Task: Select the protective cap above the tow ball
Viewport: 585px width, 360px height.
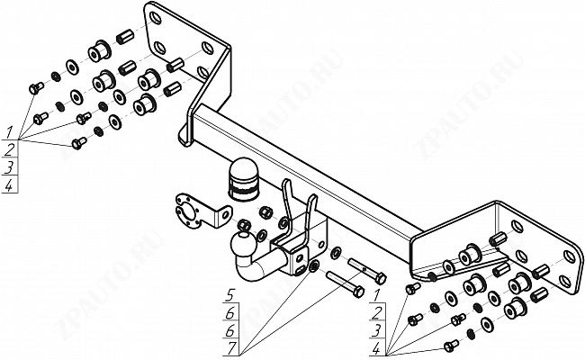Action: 242,179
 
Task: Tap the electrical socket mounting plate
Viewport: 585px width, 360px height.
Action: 200,211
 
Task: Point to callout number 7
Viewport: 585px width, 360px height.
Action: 232,348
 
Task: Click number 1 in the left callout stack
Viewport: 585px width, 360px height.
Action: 9,131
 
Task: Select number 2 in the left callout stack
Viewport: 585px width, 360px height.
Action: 9,149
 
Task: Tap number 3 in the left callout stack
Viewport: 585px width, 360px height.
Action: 9,167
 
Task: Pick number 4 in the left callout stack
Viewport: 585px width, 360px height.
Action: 9,185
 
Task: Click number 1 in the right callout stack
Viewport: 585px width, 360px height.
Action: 376,295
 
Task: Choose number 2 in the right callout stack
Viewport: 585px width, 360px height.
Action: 376,313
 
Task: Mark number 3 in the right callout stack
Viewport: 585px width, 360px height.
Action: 376,330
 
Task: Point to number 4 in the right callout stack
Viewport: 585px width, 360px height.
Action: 376,348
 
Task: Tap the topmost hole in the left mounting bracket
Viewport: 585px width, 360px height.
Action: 155,18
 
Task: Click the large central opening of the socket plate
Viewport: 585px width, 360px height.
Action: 185,213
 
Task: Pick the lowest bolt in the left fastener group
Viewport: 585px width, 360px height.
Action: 78,143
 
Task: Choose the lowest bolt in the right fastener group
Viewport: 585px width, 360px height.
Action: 451,346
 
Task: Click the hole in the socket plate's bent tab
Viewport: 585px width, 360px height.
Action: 225,215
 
